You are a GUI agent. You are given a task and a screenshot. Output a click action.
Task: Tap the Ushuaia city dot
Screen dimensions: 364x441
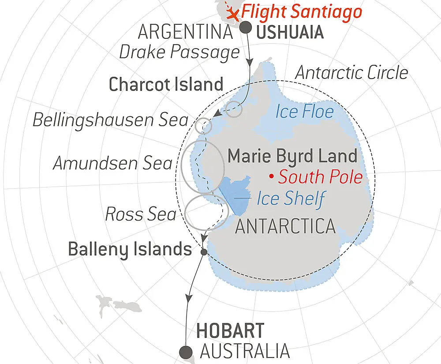[x=246, y=27]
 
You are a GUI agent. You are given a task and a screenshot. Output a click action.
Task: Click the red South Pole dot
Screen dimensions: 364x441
[x=272, y=177]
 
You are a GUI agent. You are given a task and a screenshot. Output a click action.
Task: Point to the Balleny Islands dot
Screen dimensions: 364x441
[x=204, y=252]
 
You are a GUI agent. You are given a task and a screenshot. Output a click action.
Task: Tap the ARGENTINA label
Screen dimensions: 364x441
[x=185, y=32]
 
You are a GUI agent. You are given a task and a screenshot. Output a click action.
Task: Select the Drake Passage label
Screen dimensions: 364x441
[x=179, y=52]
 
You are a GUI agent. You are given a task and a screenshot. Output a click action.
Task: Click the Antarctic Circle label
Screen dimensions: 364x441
[x=351, y=73]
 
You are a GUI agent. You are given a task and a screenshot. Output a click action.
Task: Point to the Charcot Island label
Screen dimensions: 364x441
[x=166, y=84]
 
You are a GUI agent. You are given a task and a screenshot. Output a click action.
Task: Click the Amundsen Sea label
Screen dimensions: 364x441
[x=113, y=164]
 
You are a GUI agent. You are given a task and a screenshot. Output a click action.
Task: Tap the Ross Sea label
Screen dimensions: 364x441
[x=141, y=215]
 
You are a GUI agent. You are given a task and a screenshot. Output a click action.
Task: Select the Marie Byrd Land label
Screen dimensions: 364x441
[x=292, y=156]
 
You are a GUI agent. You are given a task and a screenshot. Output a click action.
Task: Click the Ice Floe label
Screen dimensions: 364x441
[x=305, y=112]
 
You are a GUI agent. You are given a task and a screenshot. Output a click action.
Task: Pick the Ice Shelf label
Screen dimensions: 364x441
[x=291, y=199]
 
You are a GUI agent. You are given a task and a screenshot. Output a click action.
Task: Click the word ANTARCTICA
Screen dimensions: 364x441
[x=285, y=226]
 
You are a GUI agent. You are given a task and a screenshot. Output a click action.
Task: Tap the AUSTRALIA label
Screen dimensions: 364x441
[x=245, y=352]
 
